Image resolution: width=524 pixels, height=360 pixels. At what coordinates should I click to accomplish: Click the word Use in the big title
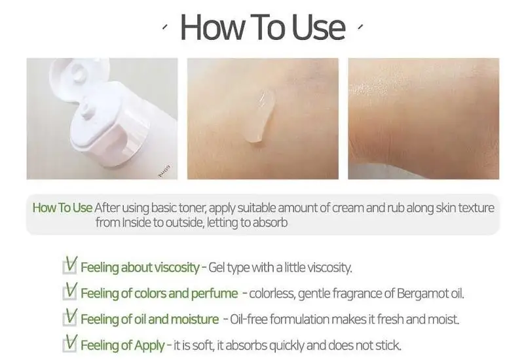[318, 27]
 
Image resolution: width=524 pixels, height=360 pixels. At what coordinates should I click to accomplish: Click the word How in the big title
[212, 27]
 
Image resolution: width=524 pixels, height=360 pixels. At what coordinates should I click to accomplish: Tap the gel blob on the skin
[261, 115]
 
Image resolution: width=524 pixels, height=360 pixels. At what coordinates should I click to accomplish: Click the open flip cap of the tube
[79, 75]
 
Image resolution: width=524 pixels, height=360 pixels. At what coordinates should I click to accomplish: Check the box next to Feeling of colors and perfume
[70, 293]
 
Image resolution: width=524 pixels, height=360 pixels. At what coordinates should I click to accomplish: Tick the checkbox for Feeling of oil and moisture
[70, 319]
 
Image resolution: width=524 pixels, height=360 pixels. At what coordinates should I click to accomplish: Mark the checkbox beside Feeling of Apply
[70, 345]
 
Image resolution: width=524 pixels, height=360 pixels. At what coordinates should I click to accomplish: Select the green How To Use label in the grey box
[62, 207]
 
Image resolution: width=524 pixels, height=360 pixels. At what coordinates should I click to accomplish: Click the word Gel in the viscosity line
[215, 268]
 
